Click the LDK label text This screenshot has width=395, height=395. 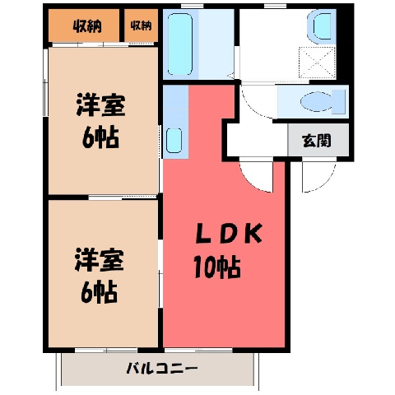click(x=229, y=234)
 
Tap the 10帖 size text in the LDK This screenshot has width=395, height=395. click(x=217, y=267)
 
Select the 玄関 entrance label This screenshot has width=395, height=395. click(x=316, y=141)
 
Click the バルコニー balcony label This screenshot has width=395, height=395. click(x=162, y=369)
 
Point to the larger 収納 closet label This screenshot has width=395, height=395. click(x=87, y=26)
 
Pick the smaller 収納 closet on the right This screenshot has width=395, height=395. click(x=141, y=26)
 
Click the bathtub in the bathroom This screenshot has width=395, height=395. click(x=180, y=44)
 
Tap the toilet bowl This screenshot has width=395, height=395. click(x=323, y=102)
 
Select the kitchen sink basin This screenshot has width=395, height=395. click(x=174, y=141)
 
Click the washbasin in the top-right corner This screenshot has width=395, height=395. click(x=322, y=26)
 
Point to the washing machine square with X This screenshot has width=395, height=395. click(x=317, y=62)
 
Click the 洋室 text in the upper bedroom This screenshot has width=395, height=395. click(x=100, y=105)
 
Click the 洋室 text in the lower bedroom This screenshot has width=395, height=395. click(x=100, y=260)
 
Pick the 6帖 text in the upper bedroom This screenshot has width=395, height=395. click(x=100, y=137)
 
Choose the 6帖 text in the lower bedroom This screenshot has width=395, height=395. click(x=100, y=291)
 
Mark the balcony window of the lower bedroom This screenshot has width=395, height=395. click(x=106, y=350)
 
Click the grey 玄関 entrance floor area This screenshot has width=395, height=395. click(x=318, y=140)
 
